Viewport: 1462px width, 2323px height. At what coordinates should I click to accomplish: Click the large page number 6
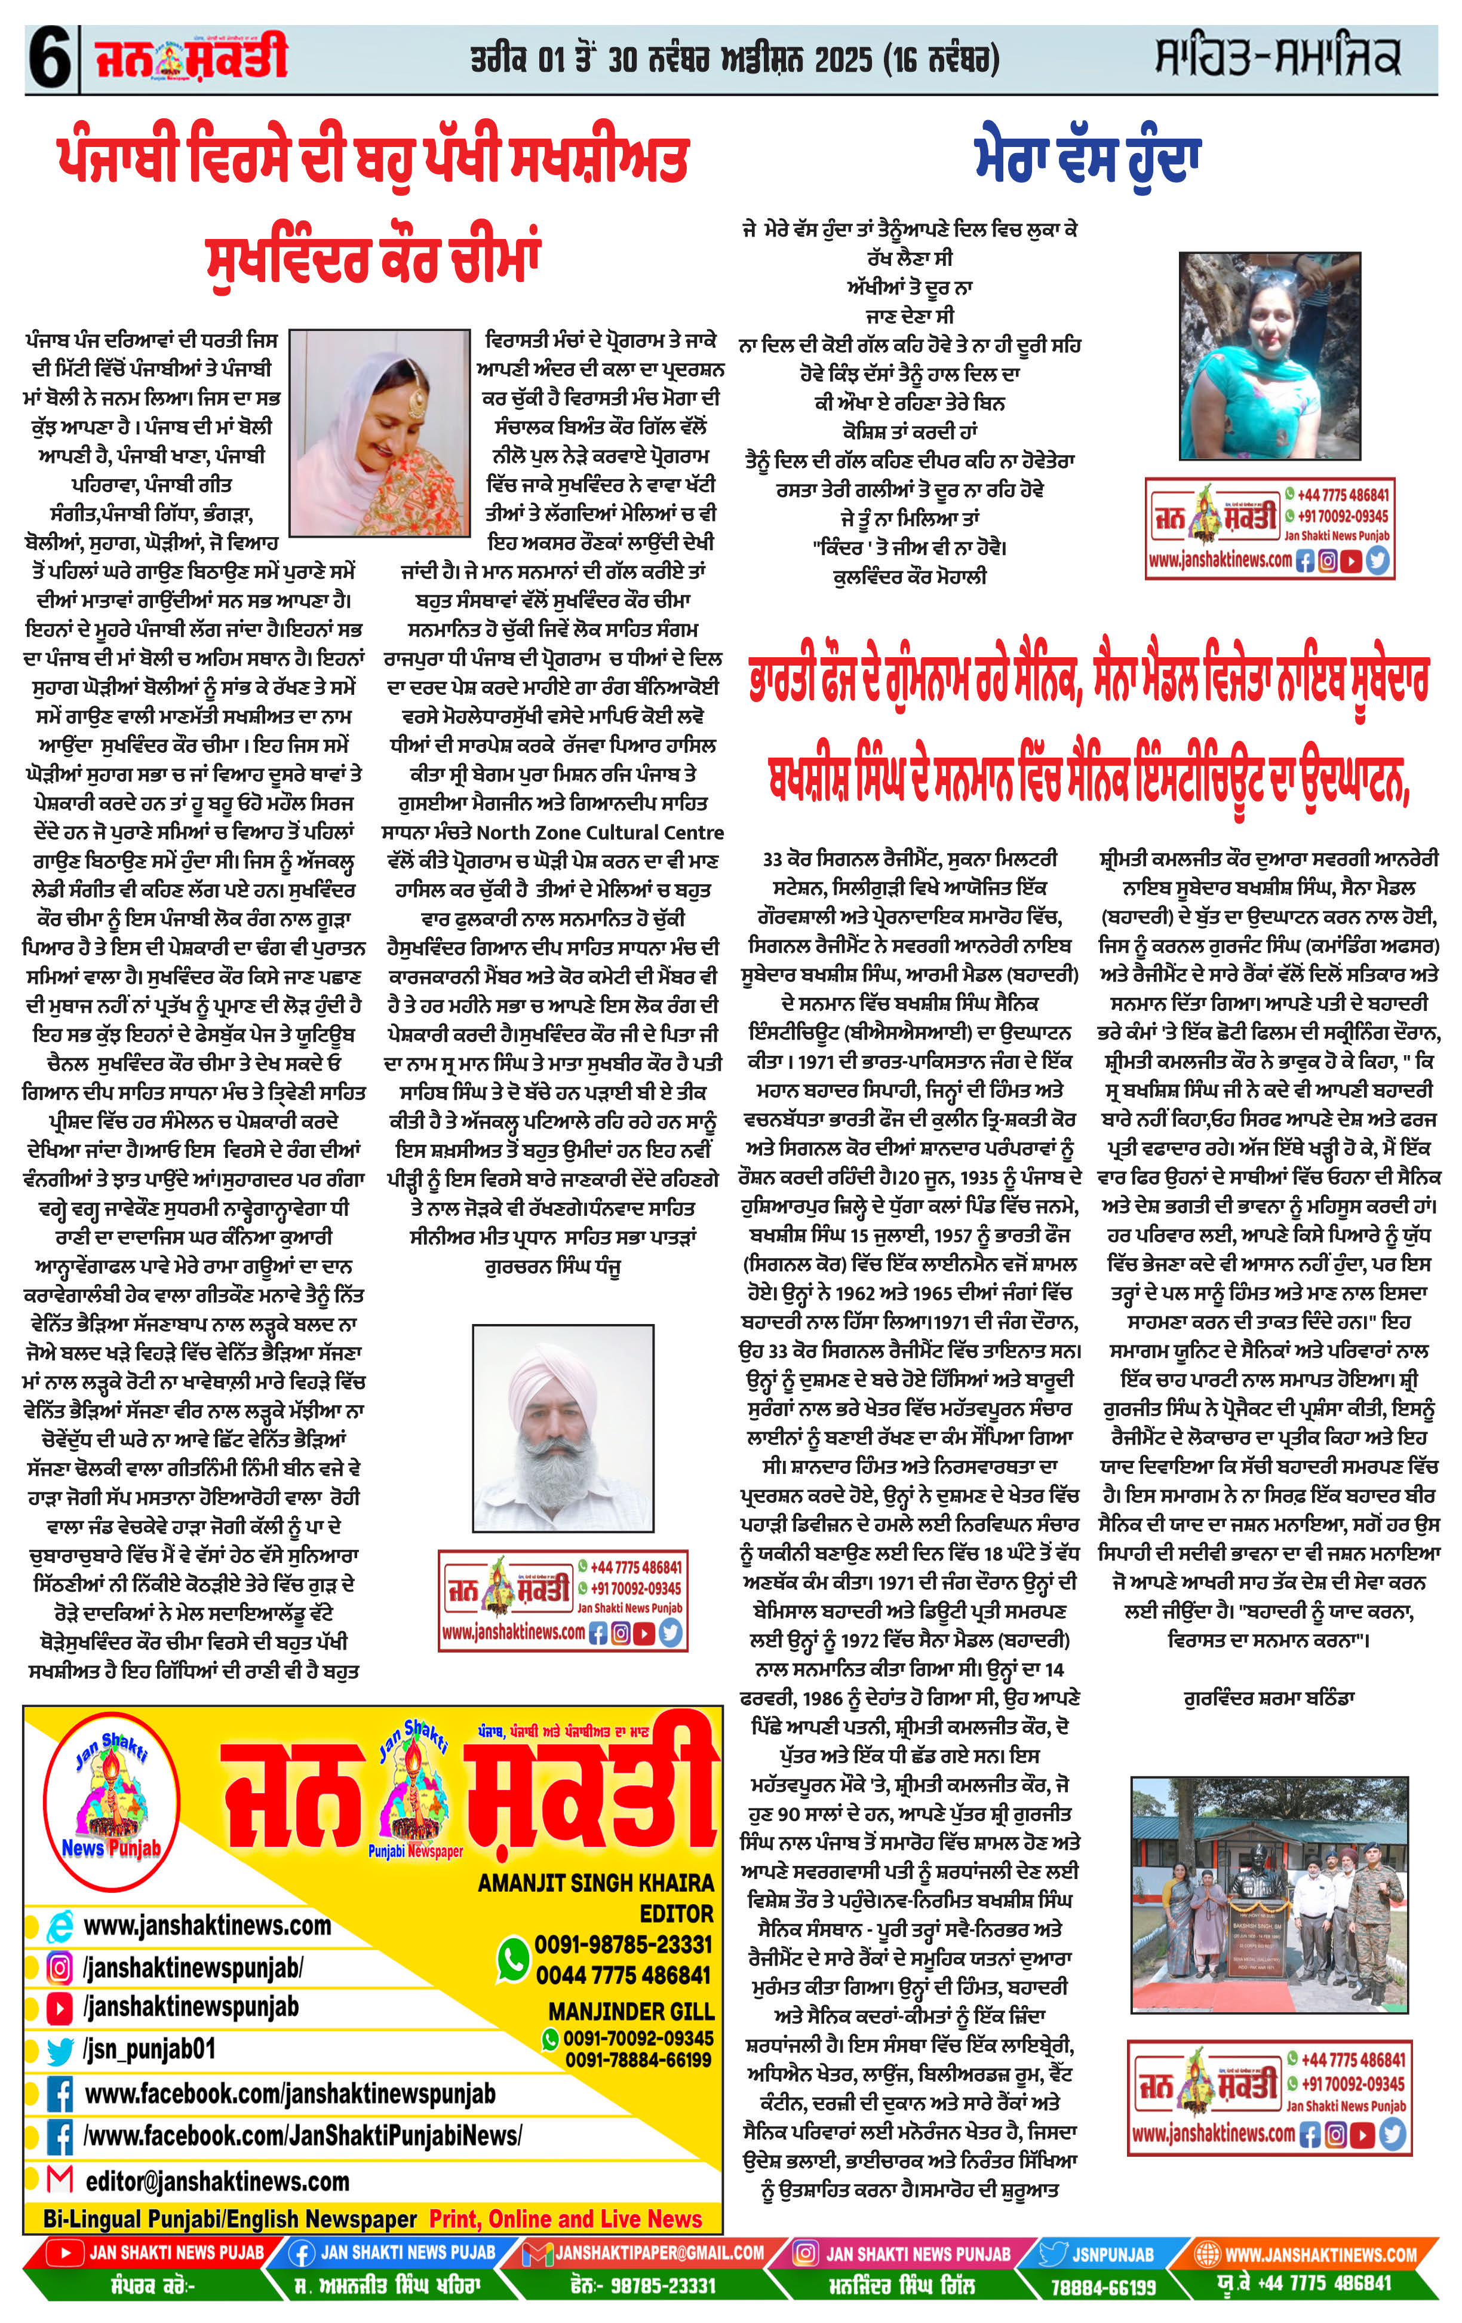pos(48,60)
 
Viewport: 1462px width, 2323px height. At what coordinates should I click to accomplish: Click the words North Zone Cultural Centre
pos(600,832)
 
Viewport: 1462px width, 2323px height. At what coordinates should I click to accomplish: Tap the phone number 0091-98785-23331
pos(623,1944)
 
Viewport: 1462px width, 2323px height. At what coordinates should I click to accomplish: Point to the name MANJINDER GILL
pos(631,2011)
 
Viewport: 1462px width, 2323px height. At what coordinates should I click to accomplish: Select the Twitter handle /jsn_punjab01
pos(149,2048)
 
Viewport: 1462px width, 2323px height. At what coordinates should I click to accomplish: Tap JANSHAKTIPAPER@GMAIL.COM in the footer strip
pos(659,2252)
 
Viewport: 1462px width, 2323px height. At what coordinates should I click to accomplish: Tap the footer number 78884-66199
pos(1103,2287)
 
